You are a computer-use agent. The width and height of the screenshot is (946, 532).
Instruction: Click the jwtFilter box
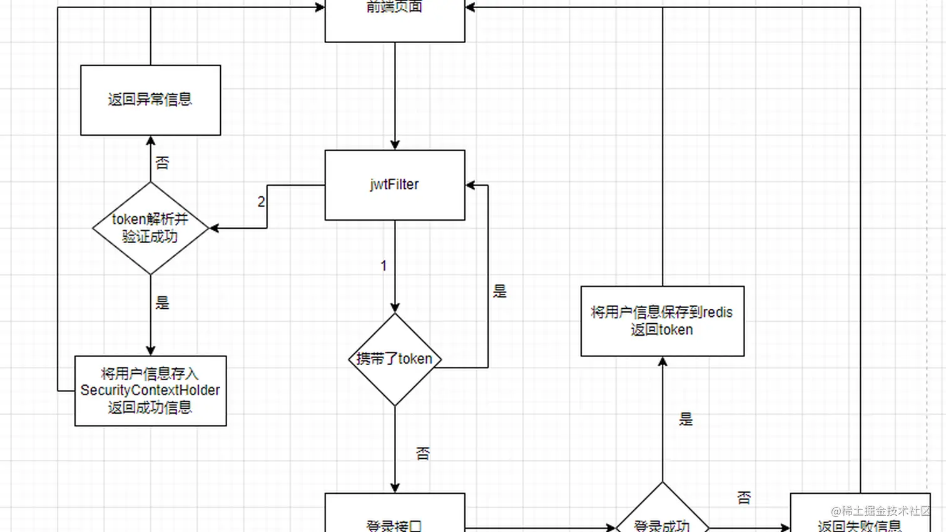(395, 185)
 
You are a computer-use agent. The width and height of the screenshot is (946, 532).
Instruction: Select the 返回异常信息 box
(150, 100)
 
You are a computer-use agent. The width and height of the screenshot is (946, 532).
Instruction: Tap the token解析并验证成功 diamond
(150, 228)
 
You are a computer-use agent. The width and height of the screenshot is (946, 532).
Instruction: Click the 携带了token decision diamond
(395, 359)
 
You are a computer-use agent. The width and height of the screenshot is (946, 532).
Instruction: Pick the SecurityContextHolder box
(150, 391)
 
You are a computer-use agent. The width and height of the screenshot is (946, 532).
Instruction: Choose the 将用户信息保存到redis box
(662, 321)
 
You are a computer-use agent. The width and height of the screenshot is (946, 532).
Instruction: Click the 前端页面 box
(395, 19)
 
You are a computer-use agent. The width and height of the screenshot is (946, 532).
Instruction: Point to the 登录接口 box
(395, 516)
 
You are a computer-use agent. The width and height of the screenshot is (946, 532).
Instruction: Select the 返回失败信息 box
(859, 516)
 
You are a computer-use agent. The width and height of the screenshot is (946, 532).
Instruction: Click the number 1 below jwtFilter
(384, 266)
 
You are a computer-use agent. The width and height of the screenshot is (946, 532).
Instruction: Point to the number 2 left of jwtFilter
(261, 202)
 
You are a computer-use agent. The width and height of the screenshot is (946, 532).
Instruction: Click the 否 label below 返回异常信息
(162, 163)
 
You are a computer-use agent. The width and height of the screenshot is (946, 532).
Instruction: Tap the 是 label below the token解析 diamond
(162, 303)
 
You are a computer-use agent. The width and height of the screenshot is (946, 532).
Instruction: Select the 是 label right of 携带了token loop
(499, 291)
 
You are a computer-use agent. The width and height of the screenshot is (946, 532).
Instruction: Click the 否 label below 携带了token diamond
(423, 453)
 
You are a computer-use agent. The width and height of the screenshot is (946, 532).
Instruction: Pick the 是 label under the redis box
(686, 419)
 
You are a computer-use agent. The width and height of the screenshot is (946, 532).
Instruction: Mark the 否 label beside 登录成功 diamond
(744, 498)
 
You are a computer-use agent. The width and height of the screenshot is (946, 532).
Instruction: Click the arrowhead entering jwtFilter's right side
(470, 185)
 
